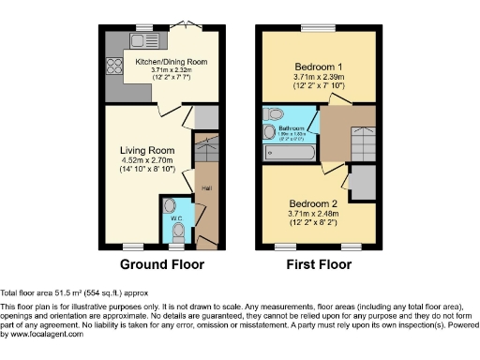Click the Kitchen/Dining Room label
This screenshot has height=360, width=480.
tap(171, 61)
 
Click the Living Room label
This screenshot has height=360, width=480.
tap(147, 149)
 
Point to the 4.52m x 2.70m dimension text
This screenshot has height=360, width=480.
tap(147, 160)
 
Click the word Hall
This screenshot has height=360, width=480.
tap(205, 187)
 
